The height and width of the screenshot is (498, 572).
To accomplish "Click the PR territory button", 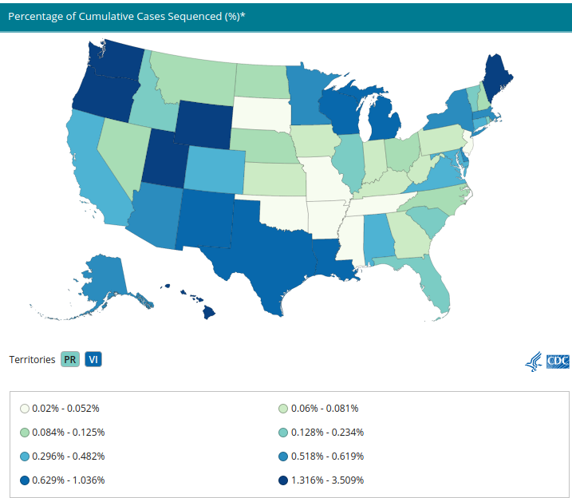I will point(70,359).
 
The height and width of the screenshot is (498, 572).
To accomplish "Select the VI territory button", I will point(93,359).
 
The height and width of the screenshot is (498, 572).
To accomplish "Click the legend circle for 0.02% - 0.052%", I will point(24,409).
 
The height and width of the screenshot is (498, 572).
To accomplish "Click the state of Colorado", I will point(211,169).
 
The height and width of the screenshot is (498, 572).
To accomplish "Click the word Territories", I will point(32,359).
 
